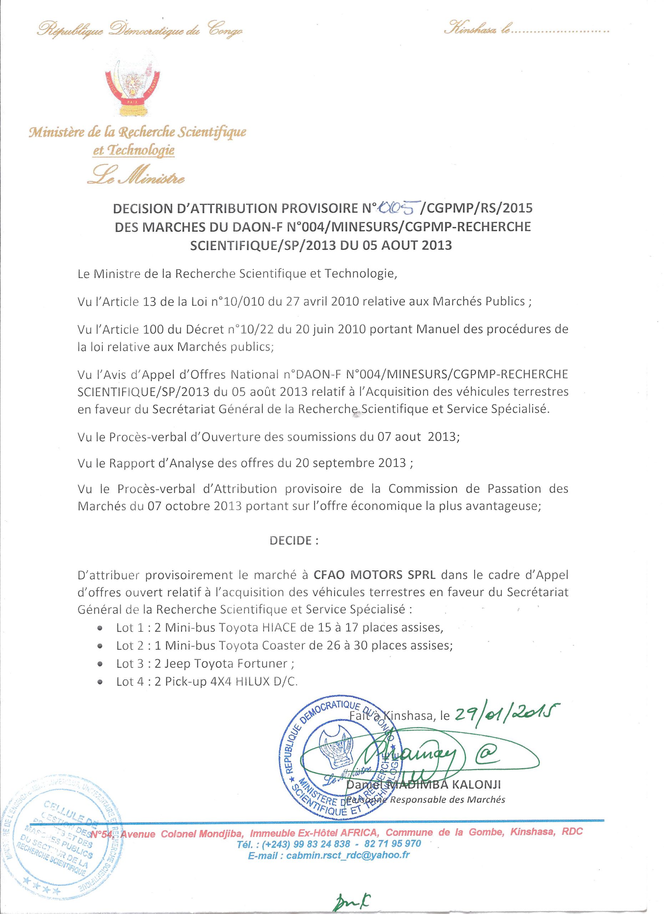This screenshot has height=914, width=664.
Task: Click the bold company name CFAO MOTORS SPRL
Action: [x=375, y=574]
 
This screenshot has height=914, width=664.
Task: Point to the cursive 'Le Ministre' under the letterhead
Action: [x=137, y=176]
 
